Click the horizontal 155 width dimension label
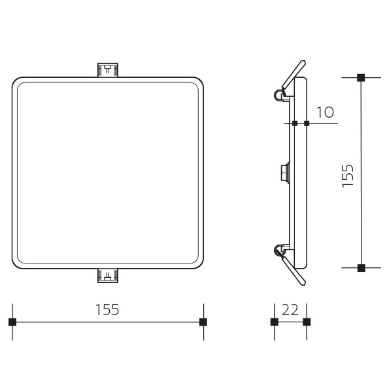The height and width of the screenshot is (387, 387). pyautogui.click(x=107, y=309)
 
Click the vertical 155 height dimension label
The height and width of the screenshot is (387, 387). pyautogui.click(x=348, y=175)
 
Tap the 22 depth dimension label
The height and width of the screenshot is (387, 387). pyautogui.click(x=290, y=309)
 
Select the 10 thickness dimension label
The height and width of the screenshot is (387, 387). pyautogui.click(x=325, y=112)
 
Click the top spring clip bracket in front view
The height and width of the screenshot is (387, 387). pyautogui.click(x=108, y=70)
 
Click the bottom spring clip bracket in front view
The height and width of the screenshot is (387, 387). pyautogui.click(x=108, y=275)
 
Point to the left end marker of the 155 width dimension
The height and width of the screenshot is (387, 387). pyautogui.click(x=12, y=322)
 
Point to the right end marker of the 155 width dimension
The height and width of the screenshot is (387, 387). pyautogui.click(x=203, y=322)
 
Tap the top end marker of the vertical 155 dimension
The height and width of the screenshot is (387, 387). pyautogui.click(x=361, y=78)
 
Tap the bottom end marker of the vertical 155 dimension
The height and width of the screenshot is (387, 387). pyautogui.click(x=361, y=268)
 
